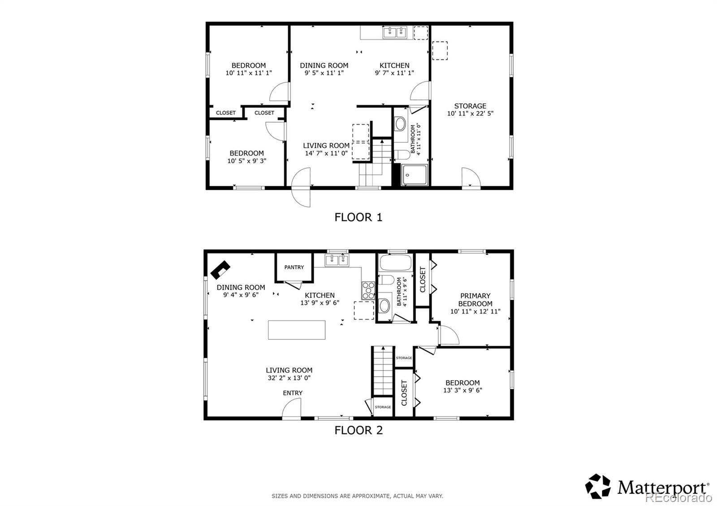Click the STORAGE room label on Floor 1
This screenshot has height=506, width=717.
[x=470, y=106]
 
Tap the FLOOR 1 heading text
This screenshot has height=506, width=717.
[x=358, y=218]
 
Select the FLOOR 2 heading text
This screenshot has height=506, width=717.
[x=358, y=430]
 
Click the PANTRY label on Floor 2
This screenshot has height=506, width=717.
[x=294, y=267]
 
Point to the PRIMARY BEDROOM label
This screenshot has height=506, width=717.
[x=475, y=300]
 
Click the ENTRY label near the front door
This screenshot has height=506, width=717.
[x=293, y=393]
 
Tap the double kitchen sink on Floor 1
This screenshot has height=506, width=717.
[x=394, y=32]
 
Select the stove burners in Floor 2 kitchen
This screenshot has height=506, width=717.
[x=368, y=290]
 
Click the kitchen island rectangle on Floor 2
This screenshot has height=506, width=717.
[x=297, y=330]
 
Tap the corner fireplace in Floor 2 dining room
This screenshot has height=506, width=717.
[x=220, y=270]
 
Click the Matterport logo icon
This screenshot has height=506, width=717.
[x=598, y=486]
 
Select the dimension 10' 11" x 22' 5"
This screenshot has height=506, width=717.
[x=470, y=114]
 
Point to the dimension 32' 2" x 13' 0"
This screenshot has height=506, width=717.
[x=289, y=378]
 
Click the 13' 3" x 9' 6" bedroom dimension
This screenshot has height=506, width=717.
[x=462, y=390]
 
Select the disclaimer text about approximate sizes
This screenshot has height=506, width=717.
[x=357, y=496]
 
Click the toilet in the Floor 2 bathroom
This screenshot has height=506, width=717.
[x=385, y=280]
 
